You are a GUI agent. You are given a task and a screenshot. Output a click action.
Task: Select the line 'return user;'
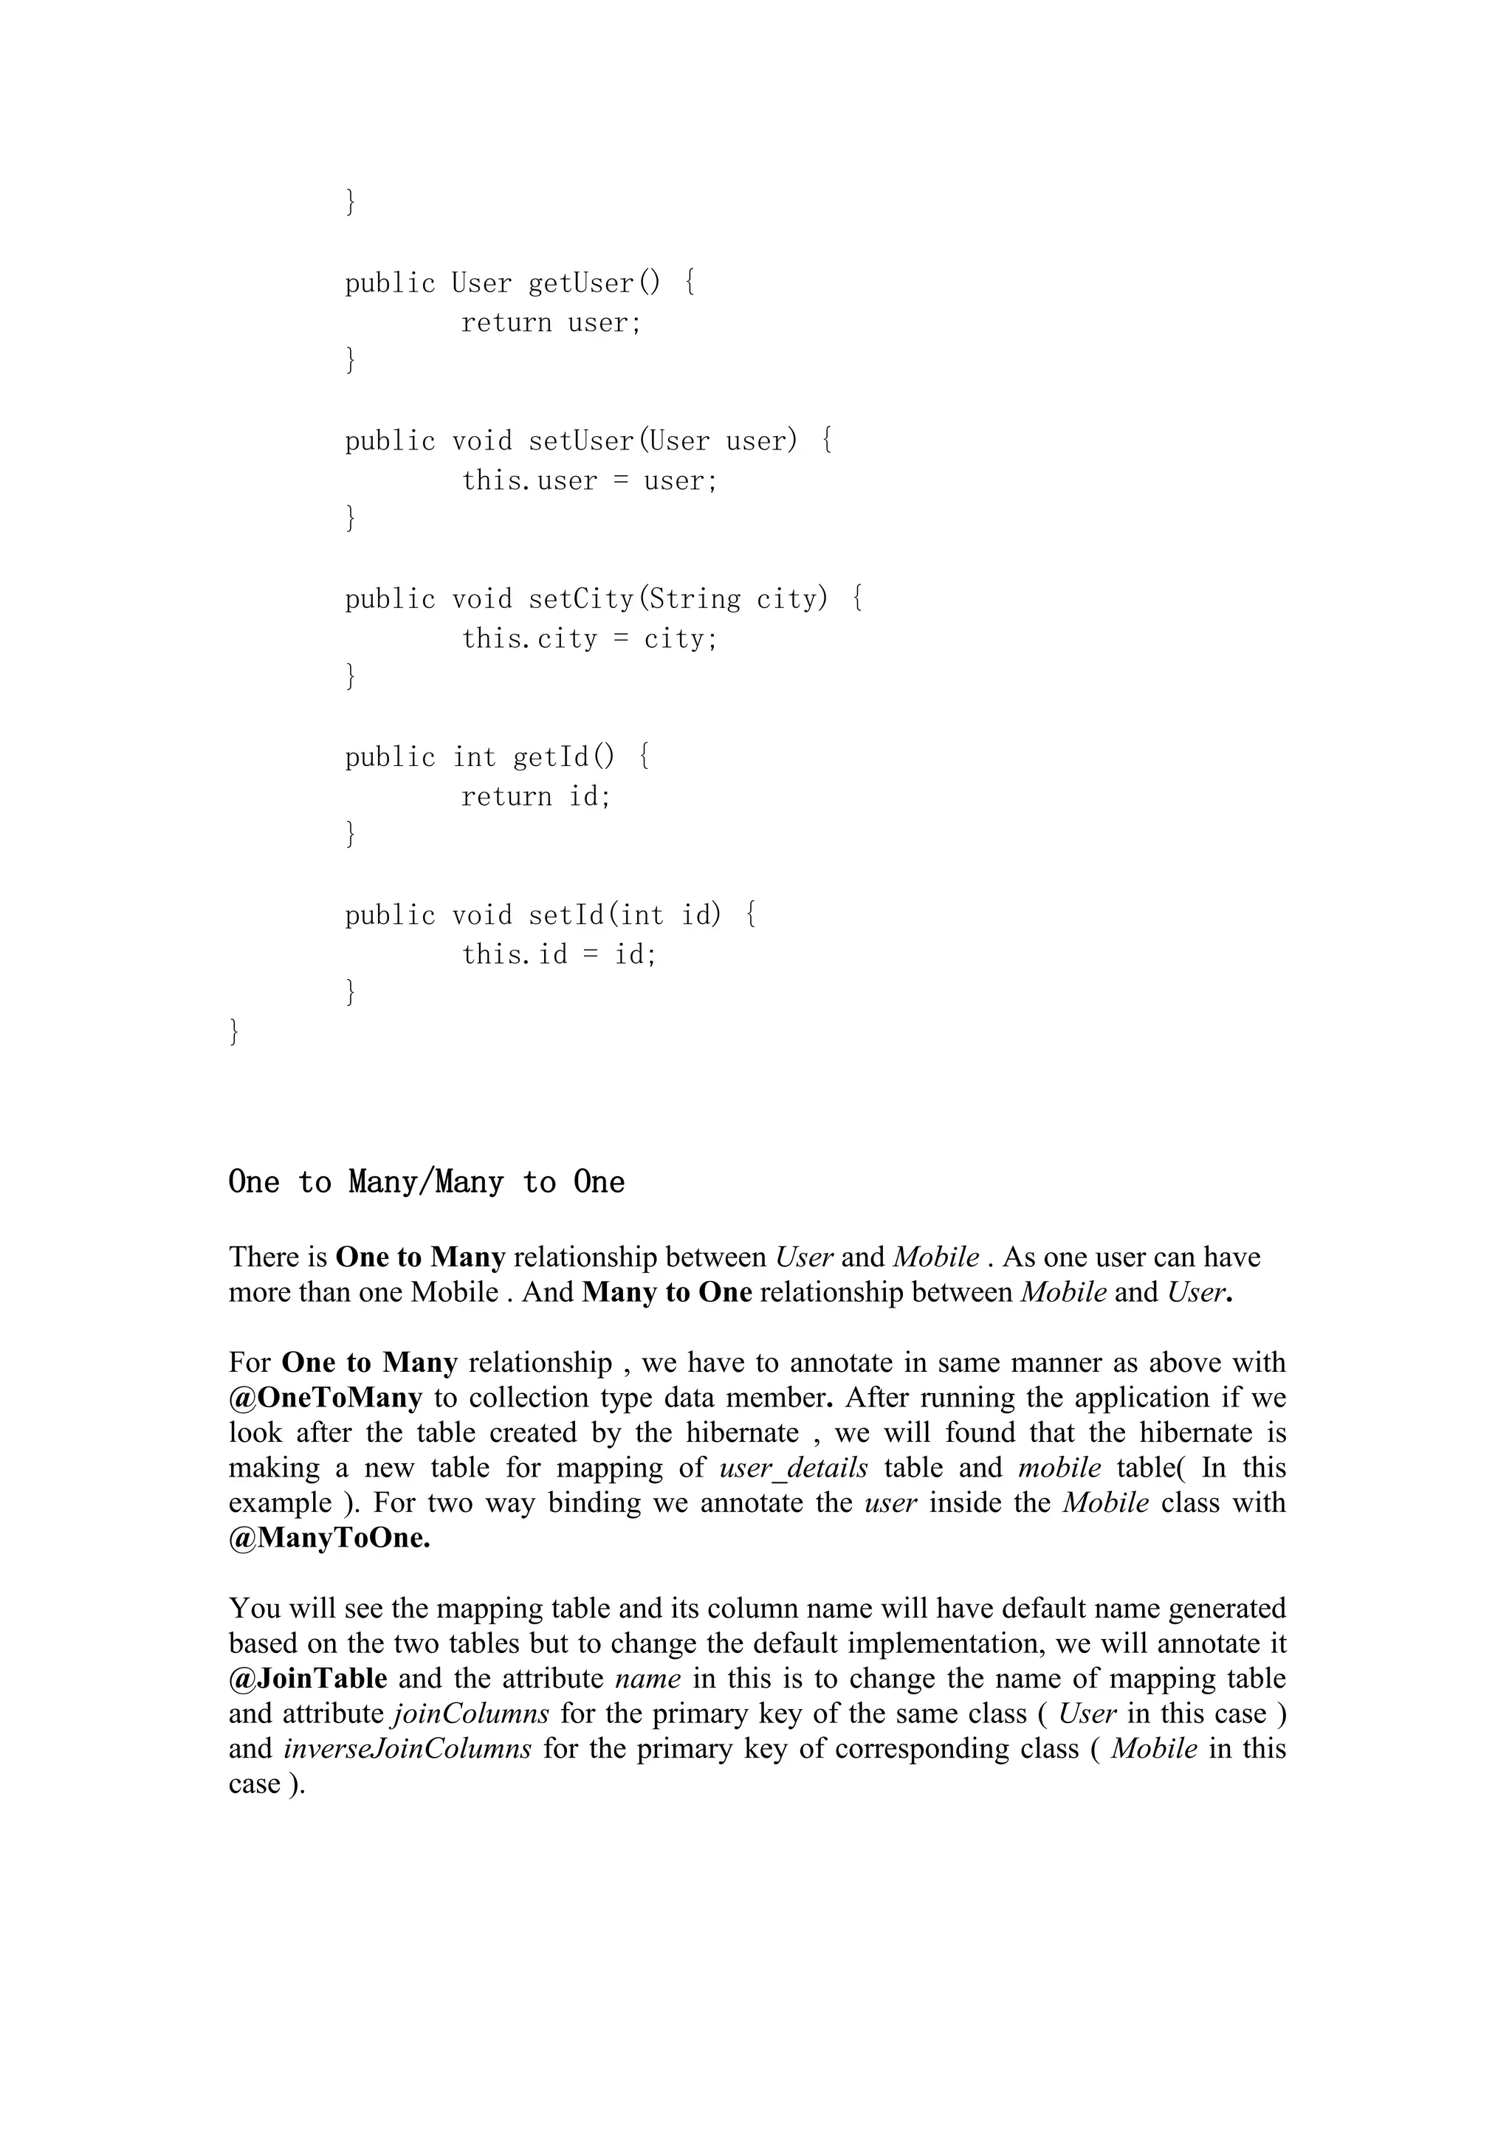(551, 323)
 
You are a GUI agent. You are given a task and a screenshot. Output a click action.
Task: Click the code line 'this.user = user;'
(589, 481)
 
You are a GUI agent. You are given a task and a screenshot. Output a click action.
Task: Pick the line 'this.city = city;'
(589, 640)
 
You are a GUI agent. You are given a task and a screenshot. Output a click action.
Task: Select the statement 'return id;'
(535, 797)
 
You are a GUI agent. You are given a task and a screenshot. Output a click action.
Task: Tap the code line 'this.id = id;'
(559, 955)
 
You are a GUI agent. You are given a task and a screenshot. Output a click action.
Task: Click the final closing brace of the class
(234, 1032)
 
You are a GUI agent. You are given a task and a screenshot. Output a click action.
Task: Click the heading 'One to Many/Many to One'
(427, 1183)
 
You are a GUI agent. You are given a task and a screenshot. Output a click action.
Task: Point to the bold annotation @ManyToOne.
(329, 1538)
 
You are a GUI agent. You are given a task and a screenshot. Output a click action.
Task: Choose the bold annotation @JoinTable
(307, 1678)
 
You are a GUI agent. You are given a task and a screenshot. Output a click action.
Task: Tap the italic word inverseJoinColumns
(407, 1748)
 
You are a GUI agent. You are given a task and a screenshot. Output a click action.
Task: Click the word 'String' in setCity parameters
(694, 598)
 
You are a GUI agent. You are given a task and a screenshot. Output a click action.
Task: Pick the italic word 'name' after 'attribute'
(648, 1678)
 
